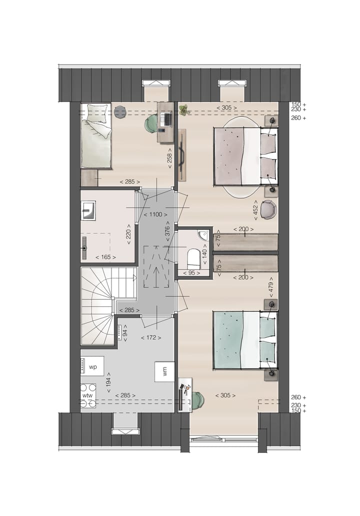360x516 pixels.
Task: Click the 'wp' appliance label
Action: pos(92,366)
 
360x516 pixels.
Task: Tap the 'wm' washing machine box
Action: pos(164,371)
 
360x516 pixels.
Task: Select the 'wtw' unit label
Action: pos(87,395)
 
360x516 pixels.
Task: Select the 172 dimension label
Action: pos(150,338)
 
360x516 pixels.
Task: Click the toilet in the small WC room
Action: pos(193,258)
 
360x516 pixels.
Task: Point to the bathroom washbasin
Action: pos(88,211)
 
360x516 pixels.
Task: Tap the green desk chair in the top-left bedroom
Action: pos(151,123)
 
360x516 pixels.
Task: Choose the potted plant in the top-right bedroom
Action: pos(183,110)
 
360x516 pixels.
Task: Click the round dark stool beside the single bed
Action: pos(120,112)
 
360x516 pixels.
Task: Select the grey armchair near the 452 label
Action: pos(268,209)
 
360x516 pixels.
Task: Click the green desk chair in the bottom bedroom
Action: pos(197,399)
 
